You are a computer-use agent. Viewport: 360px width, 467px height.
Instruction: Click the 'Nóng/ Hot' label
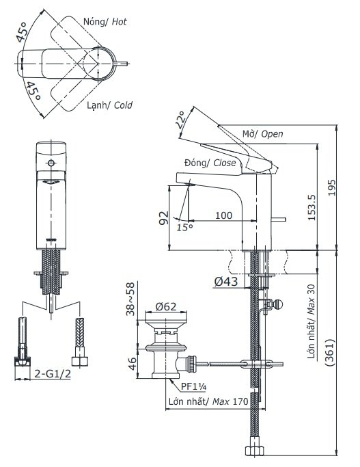105,22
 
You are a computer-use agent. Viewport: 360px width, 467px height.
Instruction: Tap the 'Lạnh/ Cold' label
109,105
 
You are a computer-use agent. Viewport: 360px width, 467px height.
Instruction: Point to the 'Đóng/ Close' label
210,163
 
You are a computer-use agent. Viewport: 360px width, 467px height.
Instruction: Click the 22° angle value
180,121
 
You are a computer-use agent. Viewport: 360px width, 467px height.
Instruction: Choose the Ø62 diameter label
167,307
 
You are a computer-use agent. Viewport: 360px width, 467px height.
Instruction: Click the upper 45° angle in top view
24,33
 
